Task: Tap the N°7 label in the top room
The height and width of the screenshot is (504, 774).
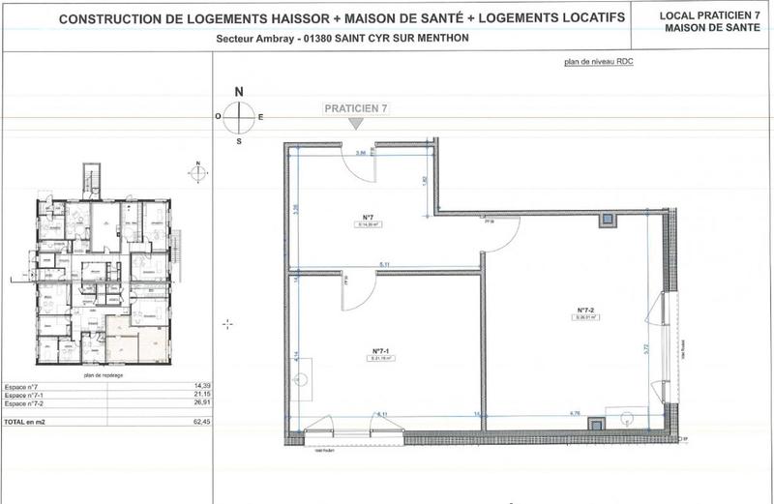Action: (368, 218)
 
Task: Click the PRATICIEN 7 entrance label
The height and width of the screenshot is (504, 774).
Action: (356, 110)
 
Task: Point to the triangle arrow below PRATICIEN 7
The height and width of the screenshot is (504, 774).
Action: (356, 124)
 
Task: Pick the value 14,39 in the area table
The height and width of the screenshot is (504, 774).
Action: (200, 384)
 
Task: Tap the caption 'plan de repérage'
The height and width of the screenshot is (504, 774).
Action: (104, 374)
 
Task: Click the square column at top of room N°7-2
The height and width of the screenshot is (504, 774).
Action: (607, 220)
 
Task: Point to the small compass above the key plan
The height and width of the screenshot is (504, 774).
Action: (197, 173)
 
